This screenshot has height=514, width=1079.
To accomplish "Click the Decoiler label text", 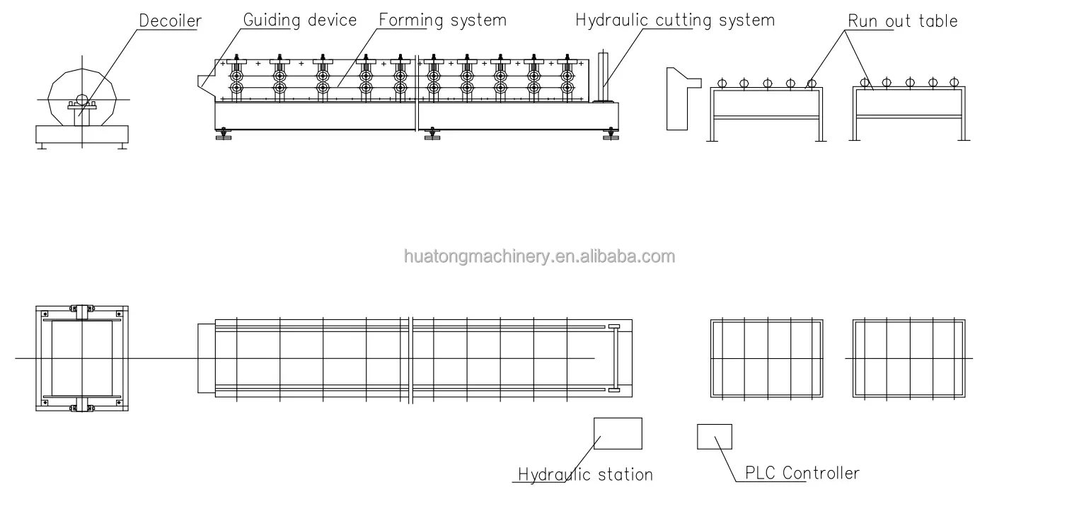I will pyautogui.click(x=169, y=21).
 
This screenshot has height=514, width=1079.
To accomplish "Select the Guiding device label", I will pyautogui.click(x=299, y=20).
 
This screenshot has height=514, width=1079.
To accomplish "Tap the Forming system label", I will pyautogui.click(x=442, y=20).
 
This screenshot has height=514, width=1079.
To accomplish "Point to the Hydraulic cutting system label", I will pyautogui.click(x=674, y=20).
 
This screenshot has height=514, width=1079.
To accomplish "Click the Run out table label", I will pyautogui.click(x=903, y=21).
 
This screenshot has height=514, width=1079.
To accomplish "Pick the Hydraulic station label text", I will pyautogui.click(x=585, y=474).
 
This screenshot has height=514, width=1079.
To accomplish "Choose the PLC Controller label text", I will pyautogui.click(x=802, y=473).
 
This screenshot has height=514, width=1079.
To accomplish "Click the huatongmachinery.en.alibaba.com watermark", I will pyautogui.click(x=539, y=256).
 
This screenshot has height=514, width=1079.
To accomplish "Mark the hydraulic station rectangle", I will pyautogui.click(x=617, y=433).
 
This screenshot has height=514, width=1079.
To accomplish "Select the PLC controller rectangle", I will pyautogui.click(x=714, y=436).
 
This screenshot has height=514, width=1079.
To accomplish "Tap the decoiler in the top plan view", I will pyautogui.click(x=81, y=359).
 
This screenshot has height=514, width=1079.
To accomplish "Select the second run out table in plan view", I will pyautogui.click(x=908, y=359).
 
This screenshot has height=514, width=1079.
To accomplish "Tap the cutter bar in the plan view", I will pyautogui.click(x=613, y=358).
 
